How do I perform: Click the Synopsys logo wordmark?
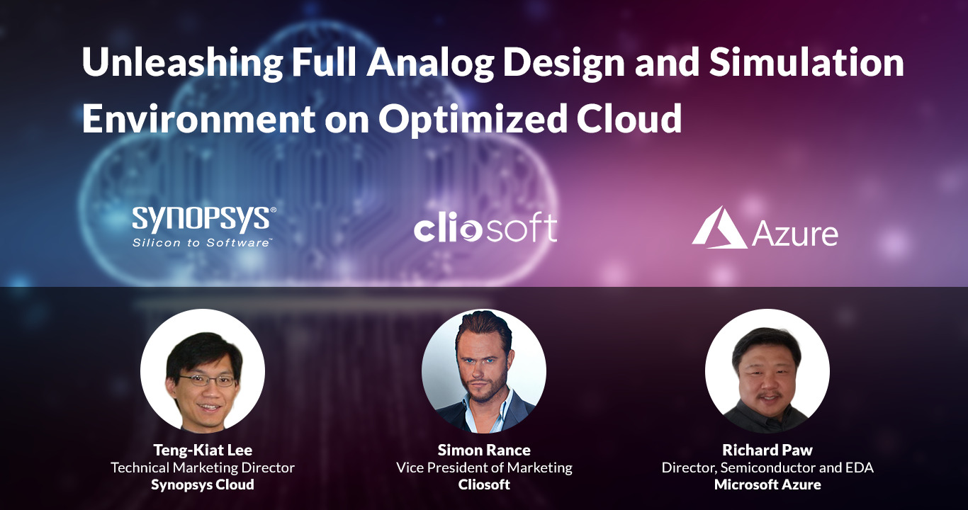click(x=204, y=220)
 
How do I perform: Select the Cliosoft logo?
click(x=485, y=228)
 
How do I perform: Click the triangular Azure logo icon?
click(x=719, y=227)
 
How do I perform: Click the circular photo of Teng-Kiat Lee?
click(x=203, y=371)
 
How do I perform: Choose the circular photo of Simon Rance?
click(x=484, y=371)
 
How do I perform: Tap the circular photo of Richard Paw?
click(x=767, y=371)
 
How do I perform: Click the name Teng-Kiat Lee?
click(x=203, y=450)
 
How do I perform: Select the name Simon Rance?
click(x=484, y=450)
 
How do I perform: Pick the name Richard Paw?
click(x=767, y=450)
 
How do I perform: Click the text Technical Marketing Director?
click(x=203, y=467)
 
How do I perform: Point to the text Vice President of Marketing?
click(x=484, y=467)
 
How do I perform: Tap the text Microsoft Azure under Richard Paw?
click(x=767, y=485)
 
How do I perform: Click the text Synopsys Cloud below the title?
click(x=203, y=485)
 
